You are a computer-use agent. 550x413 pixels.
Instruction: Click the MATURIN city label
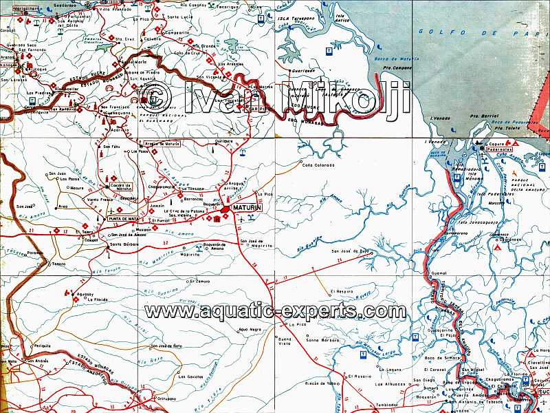pyautogui.click(x=248, y=207)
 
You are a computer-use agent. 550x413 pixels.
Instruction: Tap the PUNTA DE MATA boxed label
pyautogui.click(x=124, y=218)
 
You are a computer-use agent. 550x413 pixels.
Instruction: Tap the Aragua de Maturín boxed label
pyautogui.click(x=162, y=144)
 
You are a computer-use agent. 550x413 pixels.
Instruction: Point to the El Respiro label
pyautogui.click(x=341, y=292)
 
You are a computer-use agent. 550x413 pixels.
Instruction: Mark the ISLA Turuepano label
pyautogui.click(x=294, y=19)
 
